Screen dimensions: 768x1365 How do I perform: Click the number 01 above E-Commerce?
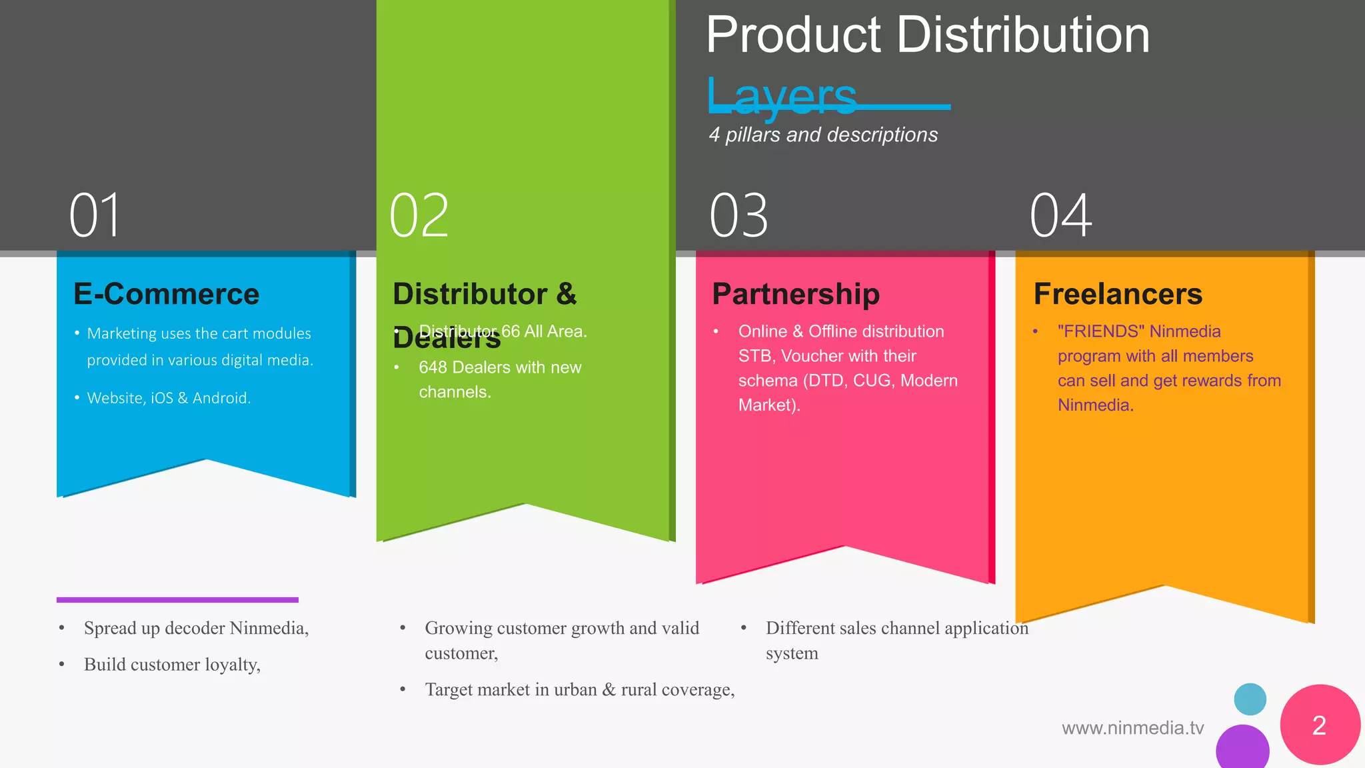(x=95, y=215)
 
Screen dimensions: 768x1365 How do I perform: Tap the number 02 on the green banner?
(x=419, y=215)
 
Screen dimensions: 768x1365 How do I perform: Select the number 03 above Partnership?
(x=738, y=215)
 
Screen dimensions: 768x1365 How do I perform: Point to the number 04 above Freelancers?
(x=1060, y=215)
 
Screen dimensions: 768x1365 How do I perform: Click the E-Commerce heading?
(x=166, y=294)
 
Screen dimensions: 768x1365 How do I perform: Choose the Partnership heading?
(x=796, y=294)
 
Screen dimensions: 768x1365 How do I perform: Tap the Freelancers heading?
(x=1118, y=294)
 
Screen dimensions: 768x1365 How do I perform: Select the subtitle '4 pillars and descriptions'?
(x=823, y=135)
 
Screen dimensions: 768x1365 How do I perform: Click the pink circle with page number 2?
(x=1320, y=725)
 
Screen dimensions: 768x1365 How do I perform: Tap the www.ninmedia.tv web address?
(x=1132, y=728)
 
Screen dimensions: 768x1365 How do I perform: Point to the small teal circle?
(x=1250, y=699)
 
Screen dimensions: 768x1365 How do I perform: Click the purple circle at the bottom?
(x=1242, y=748)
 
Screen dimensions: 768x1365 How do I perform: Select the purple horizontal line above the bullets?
(x=177, y=600)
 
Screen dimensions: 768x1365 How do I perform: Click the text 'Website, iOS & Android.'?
(x=169, y=398)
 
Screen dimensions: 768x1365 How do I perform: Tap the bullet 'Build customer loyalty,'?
(x=172, y=665)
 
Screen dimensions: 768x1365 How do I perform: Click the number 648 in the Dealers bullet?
(x=432, y=367)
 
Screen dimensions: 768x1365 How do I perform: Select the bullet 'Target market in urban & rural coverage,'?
(x=579, y=689)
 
